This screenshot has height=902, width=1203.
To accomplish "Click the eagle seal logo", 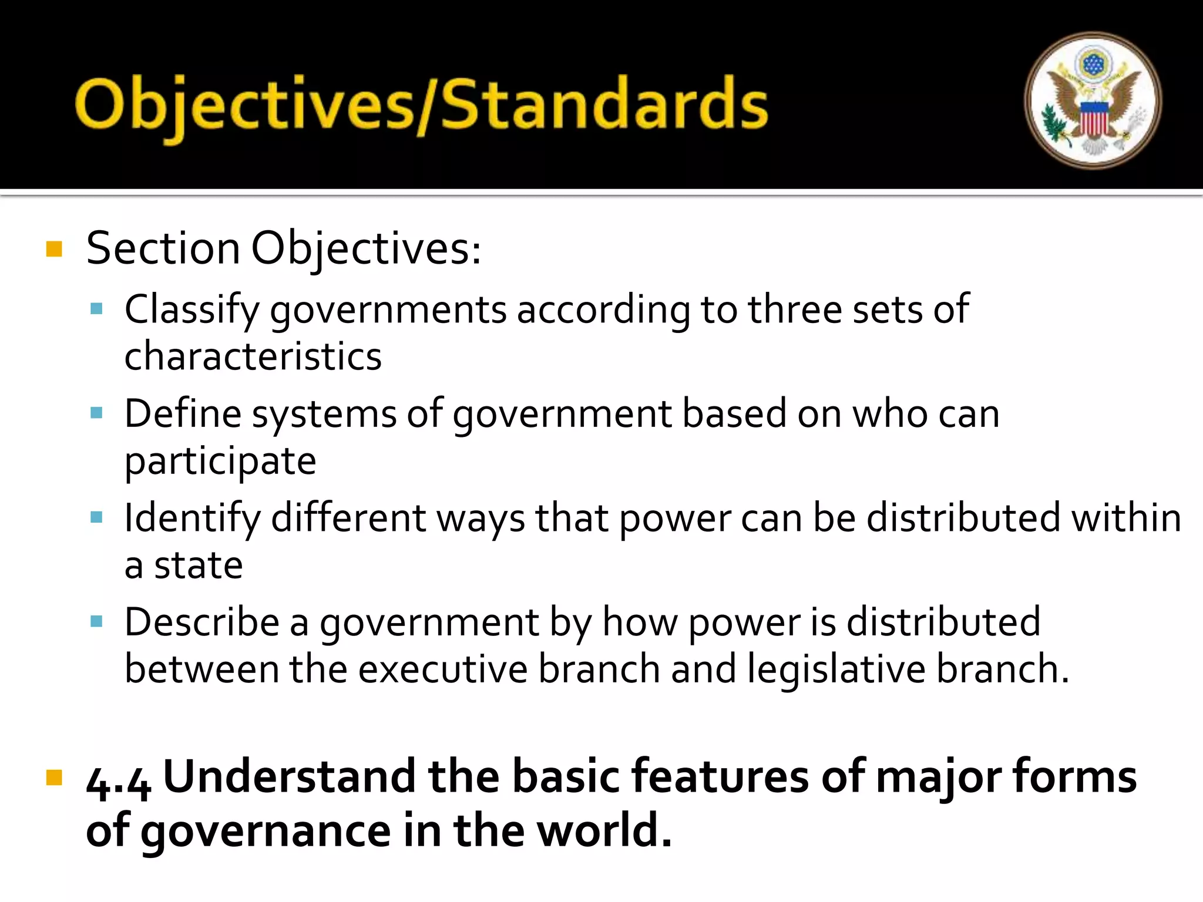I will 1093,100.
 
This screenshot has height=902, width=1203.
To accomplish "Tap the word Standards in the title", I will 604,105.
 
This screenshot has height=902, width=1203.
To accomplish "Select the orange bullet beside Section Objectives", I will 54,249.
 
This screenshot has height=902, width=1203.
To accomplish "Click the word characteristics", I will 253,356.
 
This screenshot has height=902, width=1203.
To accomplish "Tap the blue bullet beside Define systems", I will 97,413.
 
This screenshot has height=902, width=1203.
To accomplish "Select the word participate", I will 220,461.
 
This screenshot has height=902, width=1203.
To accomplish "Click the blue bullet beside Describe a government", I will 97,621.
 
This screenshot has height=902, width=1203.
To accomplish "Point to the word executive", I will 443,669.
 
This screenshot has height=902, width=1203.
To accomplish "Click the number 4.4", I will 118,781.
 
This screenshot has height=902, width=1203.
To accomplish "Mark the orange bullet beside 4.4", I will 54,778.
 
